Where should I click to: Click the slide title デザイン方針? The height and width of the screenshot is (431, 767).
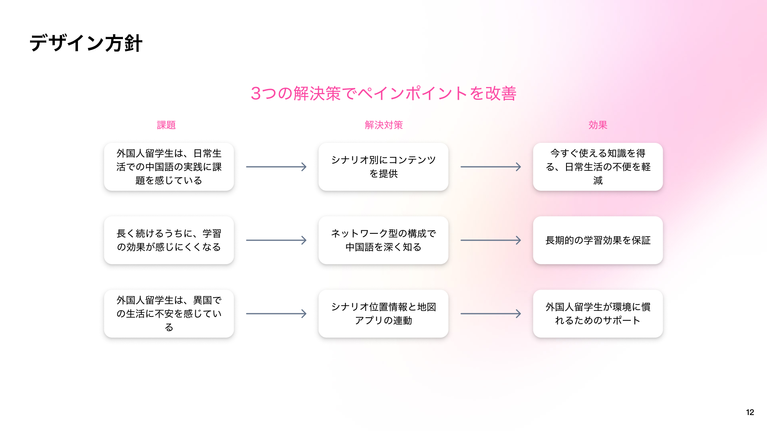click(x=86, y=43)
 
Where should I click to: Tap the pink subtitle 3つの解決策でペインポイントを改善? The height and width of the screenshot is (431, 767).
click(x=383, y=93)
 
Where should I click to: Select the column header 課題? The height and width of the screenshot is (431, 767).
click(x=166, y=125)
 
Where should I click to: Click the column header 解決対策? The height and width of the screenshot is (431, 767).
click(x=383, y=125)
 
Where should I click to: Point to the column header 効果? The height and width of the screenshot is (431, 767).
click(x=598, y=125)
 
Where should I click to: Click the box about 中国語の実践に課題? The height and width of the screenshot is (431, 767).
click(x=169, y=167)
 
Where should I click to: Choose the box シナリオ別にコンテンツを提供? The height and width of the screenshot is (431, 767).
click(x=383, y=167)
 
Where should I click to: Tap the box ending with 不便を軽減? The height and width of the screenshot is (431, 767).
click(x=598, y=167)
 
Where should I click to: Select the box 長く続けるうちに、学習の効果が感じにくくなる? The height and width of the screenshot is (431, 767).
click(x=169, y=240)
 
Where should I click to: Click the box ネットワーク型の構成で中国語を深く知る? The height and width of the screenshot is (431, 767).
click(x=383, y=240)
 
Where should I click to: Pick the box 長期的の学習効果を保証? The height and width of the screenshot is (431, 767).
click(x=598, y=240)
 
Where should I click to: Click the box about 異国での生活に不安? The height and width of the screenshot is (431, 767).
click(x=169, y=314)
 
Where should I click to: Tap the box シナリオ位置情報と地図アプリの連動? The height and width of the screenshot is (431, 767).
click(x=383, y=314)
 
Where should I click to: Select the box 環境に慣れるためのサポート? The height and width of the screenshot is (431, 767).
click(x=598, y=314)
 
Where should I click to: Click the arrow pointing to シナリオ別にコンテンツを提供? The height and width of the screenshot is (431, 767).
click(x=276, y=167)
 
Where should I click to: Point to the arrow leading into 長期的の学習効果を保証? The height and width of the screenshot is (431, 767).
click(x=491, y=240)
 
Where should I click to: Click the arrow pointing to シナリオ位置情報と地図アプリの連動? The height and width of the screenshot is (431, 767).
click(x=276, y=314)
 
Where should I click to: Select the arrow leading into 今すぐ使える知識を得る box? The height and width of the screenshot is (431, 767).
click(x=491, y=167)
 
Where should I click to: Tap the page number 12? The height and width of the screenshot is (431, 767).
click(x=750, y=412)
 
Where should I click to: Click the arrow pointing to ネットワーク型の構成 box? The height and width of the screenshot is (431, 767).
click(x=276, y=240)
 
